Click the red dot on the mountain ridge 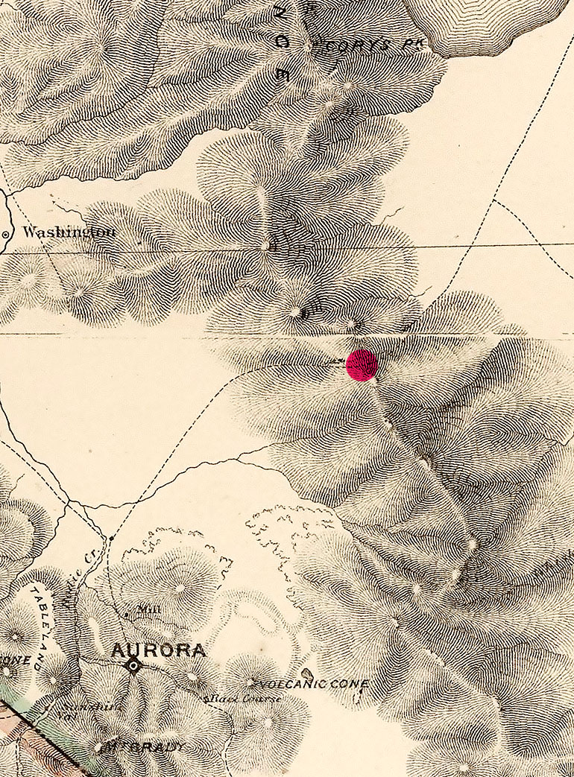tap(362, 365)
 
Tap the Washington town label tap(69, 232)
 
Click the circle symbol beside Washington tap(6, 234)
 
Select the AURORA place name tap(158, 650)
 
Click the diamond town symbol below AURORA tap(133, 665)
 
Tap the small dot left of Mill tap(127, 615)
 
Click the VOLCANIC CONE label tap(314, 683)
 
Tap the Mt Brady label tap(146, 746)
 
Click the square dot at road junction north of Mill tap(111, 537)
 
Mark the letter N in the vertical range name tap(280, 12)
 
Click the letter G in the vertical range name tap(282, 42)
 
